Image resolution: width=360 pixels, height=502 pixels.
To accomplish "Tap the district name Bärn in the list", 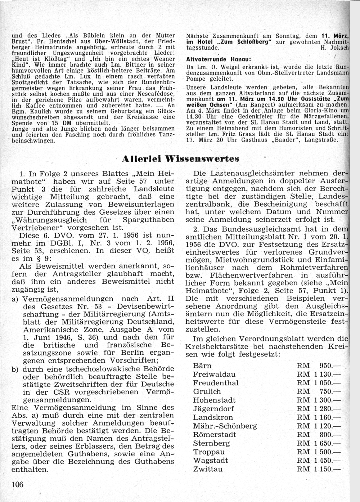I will tap(202, 365).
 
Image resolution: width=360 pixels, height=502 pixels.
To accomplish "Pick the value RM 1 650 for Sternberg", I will tap(318, 443).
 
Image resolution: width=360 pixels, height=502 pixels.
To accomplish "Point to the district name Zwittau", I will tap(208, 469).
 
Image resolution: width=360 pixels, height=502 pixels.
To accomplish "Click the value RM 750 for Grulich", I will tap(318, 391).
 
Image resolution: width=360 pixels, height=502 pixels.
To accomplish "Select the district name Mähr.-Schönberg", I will tap(225, 426).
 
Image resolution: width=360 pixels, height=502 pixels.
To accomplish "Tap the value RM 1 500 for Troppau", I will tap(318, 452).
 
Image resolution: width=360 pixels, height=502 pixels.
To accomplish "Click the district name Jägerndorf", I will tap(213, 408).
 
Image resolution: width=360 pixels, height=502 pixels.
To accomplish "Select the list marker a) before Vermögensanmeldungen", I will tap(15, 299).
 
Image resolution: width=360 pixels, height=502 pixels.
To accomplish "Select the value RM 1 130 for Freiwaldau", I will tap(318, 374).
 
